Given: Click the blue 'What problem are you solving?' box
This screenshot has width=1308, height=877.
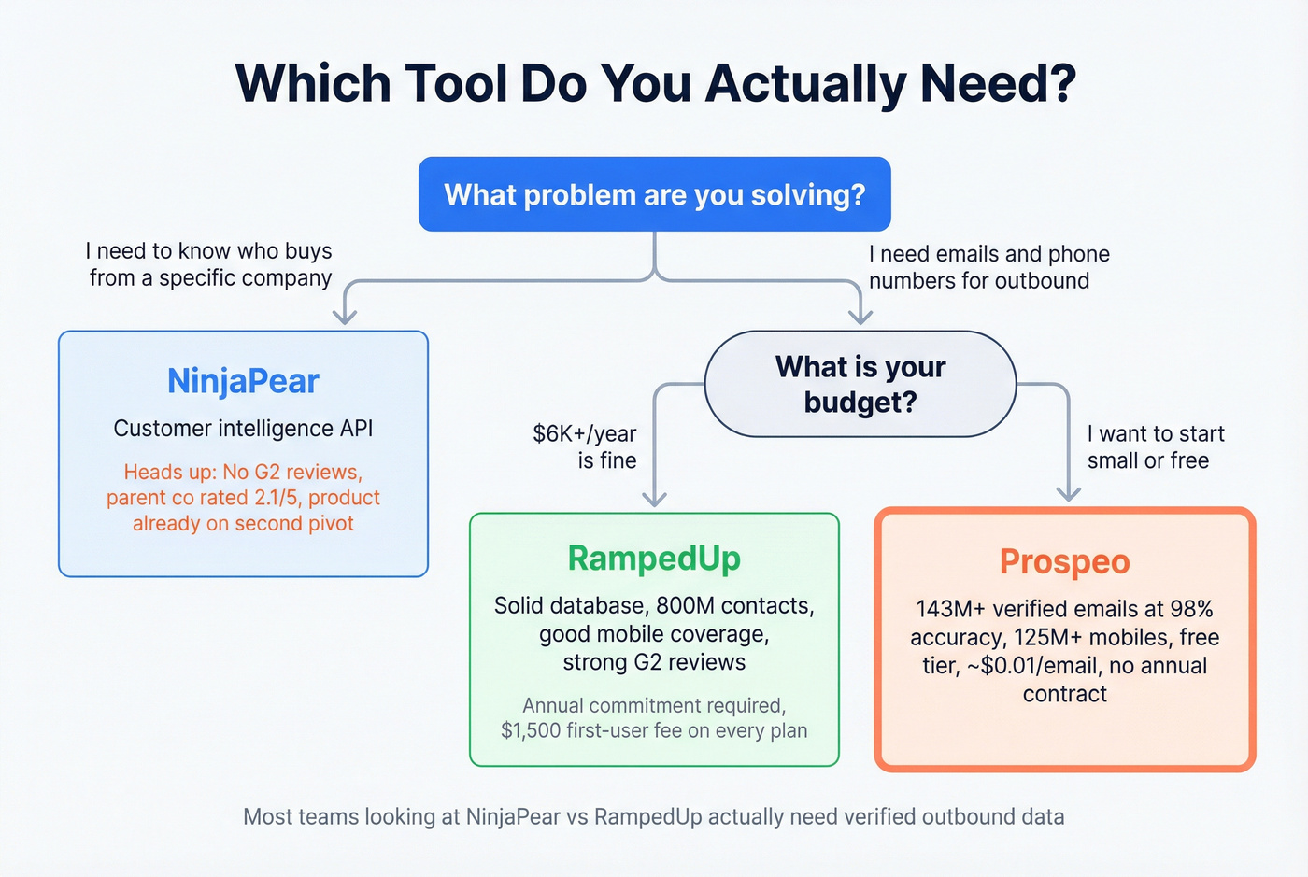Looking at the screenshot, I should pyautogui.click(x=654, y=194).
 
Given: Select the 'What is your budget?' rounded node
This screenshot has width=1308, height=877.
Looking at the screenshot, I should pyautogui.click(x=860, y=384).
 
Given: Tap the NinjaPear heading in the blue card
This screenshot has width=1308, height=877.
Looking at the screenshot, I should pyautogui.click(x=243, y=381).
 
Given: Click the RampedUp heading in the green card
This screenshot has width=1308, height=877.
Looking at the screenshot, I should pyautogui.click(x=654, y=559).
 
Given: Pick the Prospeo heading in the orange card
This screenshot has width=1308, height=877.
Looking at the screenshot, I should pyautogui.click(x=1064, y=562).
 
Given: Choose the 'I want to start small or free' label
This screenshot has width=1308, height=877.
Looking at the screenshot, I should pyautogui.click(x=1155, y=447).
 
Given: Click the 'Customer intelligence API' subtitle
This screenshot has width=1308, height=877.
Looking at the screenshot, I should pyautogui.click(x=243, y=429).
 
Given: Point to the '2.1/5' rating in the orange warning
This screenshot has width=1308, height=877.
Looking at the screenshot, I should pyautogui.click(x=277, y=498).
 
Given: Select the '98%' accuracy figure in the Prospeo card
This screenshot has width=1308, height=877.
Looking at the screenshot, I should pyautogui.click(x=1191, y=610).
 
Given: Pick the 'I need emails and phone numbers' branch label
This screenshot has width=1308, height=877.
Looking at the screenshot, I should pyautogui.click(x=988, y=267).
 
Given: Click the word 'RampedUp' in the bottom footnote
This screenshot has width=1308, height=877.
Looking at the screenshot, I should pyautogui.click(x=647, y=817).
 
